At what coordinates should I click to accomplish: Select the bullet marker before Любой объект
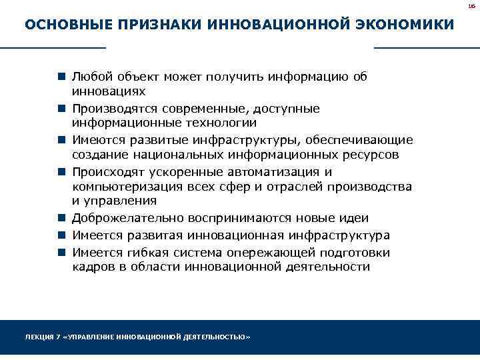pyautogui.click(x=61, y=77)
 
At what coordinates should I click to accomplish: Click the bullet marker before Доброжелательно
pyautogui.click(x=61, y=219)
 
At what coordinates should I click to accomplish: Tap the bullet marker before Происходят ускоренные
pyautogui.click(x=61, y=173)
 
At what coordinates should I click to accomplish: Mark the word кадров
pyautogui.click(x=89, y=267)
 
